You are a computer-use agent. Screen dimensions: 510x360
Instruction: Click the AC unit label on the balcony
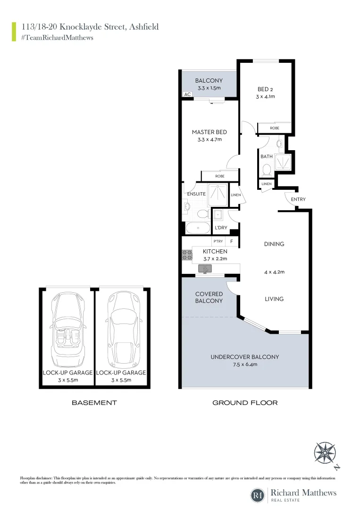coord(187,94)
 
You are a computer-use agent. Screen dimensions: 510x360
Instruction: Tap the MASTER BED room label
coord(209,132)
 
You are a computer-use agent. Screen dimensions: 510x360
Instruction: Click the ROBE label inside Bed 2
coord(275,128)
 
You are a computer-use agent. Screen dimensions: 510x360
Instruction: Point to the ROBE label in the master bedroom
coord(220,176)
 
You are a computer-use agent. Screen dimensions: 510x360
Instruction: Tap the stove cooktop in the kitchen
coord(187,255)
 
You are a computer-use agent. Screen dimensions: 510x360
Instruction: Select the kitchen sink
coord(206,269)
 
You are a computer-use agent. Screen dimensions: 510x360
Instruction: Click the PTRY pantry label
coord(218,241)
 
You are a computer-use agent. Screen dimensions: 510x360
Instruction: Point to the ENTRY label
coord(298,199)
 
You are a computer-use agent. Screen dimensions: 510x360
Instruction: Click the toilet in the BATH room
coord(266,169)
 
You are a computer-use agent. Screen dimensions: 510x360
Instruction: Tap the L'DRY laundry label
coord(221,228)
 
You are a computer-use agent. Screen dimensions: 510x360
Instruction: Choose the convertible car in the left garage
coord(67,326)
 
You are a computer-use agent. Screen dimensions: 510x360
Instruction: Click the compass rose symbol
coord(325,452)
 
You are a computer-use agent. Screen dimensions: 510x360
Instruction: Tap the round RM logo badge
coord(258,495)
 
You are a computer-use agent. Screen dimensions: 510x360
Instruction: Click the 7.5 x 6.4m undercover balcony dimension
coord(244,364)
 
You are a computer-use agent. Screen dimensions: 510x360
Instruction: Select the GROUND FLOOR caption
coord(245,403)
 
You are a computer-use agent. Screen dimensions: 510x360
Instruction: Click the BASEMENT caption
coord(94,403)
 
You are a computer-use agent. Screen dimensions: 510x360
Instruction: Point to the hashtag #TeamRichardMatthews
coord(57,37)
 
